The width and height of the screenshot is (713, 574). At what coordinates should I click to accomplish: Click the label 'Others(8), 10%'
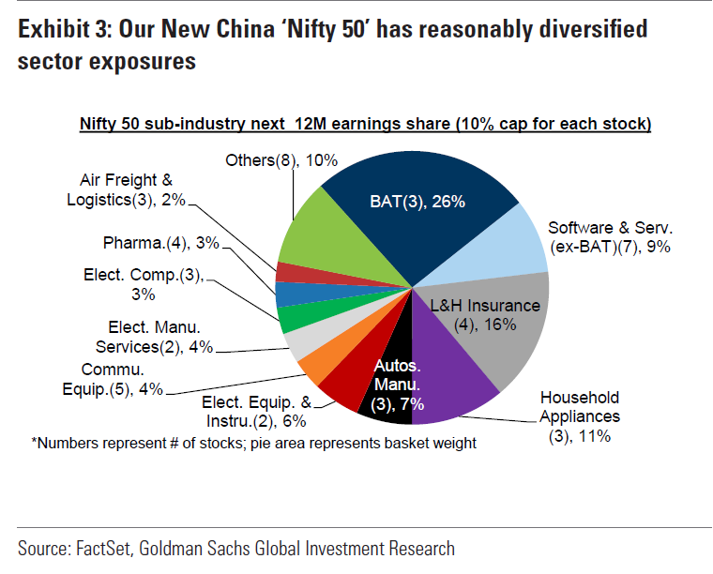coord(277,161)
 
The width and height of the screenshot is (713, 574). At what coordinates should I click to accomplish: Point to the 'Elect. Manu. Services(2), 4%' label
coord(156,337)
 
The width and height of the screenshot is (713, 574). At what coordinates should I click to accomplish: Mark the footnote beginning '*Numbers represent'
coord(253,443)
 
